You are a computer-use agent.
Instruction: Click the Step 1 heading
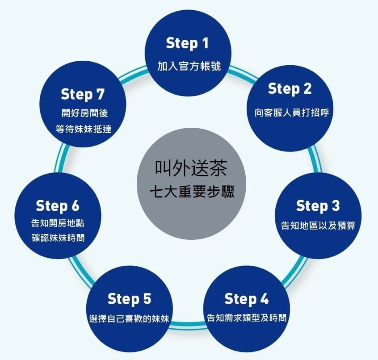point(187,43)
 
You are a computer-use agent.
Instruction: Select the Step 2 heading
point(290,88)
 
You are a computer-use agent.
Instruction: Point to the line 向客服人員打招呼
point(289,112)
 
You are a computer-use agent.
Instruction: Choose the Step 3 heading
point(318,206)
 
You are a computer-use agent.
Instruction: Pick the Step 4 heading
point(247,298)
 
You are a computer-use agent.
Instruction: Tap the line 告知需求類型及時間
point(247,318)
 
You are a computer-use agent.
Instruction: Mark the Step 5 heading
point(129,298)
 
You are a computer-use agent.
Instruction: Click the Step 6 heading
point(57,206)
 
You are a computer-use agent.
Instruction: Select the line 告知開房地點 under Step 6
point(58,223)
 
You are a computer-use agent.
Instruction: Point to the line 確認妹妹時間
point(58,238)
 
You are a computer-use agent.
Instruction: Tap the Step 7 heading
point(83,95)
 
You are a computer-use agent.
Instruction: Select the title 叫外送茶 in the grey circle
point(191,169)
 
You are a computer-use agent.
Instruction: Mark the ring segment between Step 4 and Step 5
point(188,325)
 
